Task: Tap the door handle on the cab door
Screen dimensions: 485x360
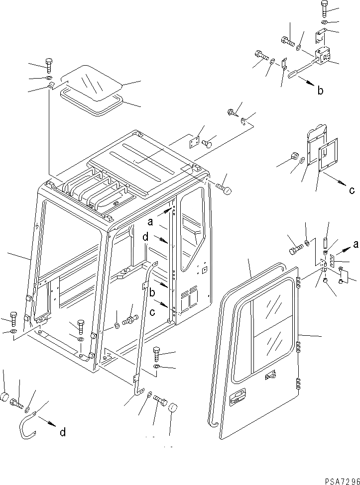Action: coord(238,396)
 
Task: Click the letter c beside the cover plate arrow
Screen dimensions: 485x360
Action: coord(352,190)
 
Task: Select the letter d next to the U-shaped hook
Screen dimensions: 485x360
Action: coord(62,432)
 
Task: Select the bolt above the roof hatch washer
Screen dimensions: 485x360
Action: coord(48,65)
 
